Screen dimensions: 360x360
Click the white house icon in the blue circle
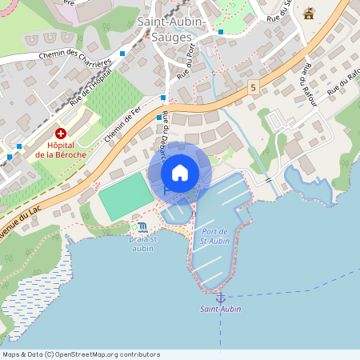pyautogui.click(x=180, y=173)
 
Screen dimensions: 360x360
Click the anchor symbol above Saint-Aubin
pyautogui.click(x=221, y=298)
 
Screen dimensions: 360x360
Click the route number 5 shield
pyautogui.click(x=253, y=86)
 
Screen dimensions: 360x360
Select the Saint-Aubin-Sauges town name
pyautogui.click(x=170, y=30)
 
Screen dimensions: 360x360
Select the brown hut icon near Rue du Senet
pyautogui.click(x=309, y=14)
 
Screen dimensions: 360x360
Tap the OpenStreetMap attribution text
pyautogui.click(x=82, y=354)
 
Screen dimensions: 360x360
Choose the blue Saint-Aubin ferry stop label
pyautogui.click(x=221, y=309)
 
